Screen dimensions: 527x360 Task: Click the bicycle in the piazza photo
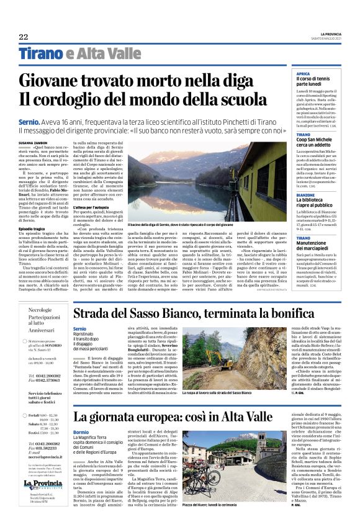coord(220,493)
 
